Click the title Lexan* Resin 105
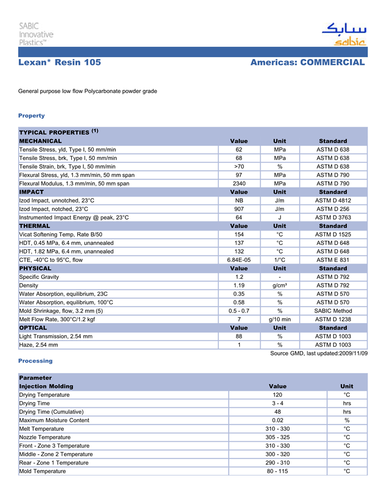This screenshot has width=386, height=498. (60, 63)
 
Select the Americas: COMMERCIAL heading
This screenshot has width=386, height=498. (307, 63)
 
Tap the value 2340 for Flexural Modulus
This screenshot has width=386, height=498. (239, 183)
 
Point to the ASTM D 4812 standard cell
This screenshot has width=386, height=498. (333, 200)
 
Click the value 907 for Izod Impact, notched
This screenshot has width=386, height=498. (239, 209)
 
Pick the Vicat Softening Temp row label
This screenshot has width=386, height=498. (61, 234)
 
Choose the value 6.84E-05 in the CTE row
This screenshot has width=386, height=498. (239, 260)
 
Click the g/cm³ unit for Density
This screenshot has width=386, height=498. (280, 286)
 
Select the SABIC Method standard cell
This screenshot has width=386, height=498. (333, 311)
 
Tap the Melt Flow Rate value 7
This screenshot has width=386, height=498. (239, 319)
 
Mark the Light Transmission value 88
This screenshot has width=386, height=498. (239, 336)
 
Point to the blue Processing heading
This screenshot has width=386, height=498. (35, 361)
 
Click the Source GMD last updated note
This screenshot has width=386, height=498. (319, 353)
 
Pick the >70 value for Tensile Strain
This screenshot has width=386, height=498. (239, 166)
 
